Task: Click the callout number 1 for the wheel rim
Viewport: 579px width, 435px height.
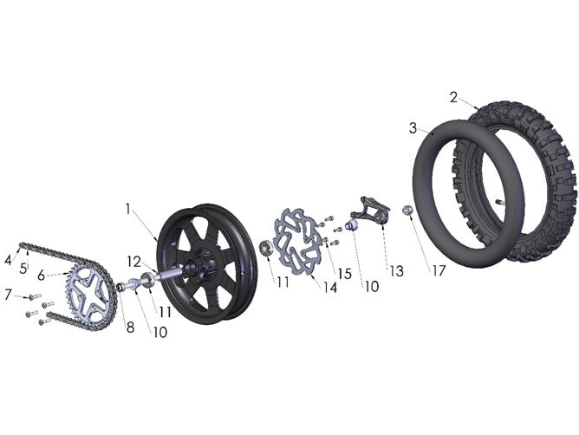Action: coord(127,210)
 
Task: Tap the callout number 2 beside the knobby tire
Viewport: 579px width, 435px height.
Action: coord(453,98)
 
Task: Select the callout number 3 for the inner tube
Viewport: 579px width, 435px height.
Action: coord(413,128)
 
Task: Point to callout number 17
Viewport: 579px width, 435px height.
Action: coord(439,270)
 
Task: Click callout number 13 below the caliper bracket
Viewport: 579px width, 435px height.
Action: coord(397,271)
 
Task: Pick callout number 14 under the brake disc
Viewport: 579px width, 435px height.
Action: coord(330,288)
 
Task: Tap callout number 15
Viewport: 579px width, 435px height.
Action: coord(344,274)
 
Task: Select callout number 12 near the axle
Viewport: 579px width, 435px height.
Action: coord(134,262)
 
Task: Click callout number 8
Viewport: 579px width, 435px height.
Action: coord(130,328)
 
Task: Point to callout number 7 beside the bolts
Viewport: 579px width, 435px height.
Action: coord(8,295)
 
